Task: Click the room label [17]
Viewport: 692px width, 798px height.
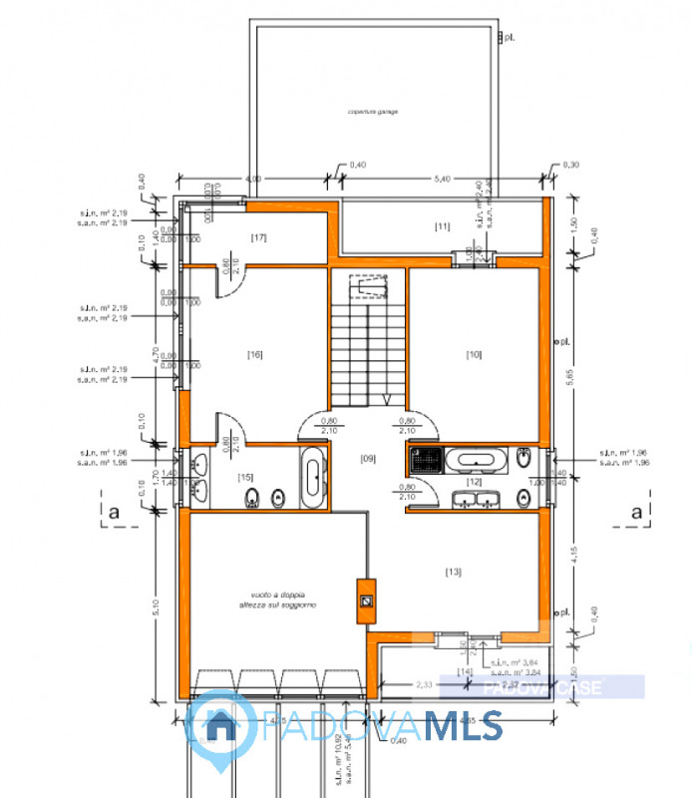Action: click(x=258, y=237)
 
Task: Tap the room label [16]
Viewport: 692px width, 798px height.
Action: click(x=255, y=354)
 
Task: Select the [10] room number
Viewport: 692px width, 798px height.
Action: click(x=474, y=354)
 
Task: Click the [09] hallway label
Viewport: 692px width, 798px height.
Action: click(x=367, y=459)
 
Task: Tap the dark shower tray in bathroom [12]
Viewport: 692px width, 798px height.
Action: click(x=423, y=461)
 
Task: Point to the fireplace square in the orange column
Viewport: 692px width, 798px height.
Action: click(x=366, y=601)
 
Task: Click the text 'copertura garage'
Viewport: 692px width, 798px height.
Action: click(x=373, y=112)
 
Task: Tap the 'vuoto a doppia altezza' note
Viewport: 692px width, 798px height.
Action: click(x=263, y=598)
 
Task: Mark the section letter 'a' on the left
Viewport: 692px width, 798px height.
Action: click(x=115, y=512)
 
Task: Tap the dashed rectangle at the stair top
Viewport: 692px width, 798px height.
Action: click(x=370, y=287)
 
